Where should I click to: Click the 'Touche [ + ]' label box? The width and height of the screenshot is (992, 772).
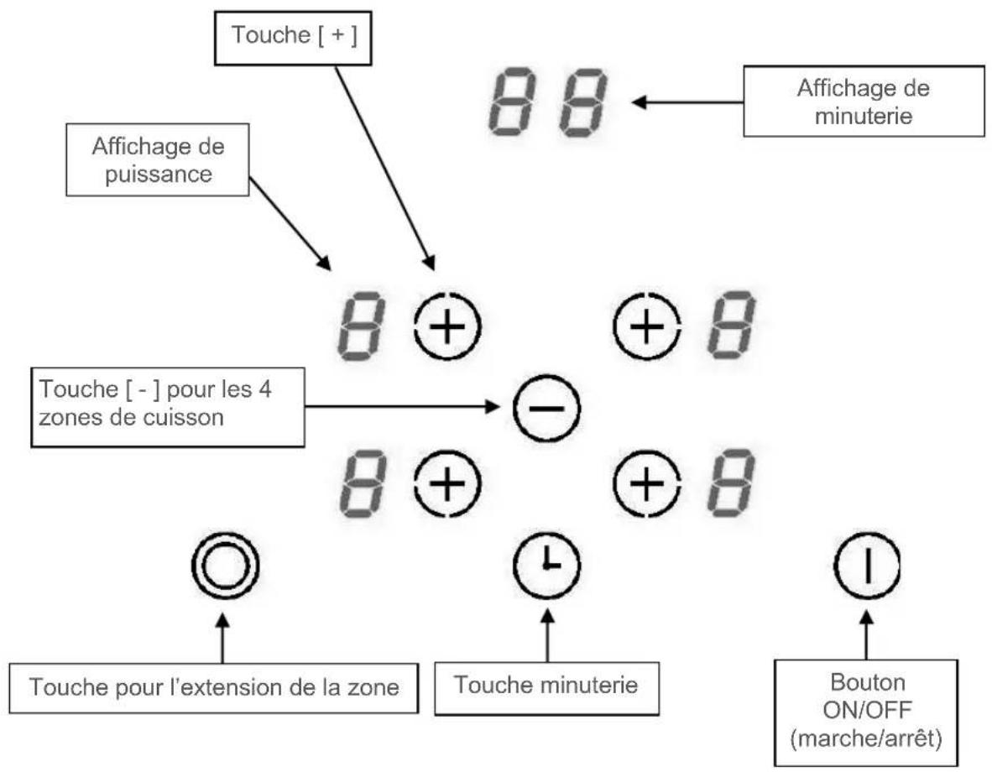coord(293,37)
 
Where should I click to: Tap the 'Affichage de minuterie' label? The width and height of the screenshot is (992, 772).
coord(864,102)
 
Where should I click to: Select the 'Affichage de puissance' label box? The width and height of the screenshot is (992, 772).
coord(158,159)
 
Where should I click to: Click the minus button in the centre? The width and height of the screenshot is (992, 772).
coord(546,408)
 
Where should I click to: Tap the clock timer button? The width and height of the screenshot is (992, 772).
coord(546,565)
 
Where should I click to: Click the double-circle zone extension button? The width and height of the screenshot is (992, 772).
coord(225,565)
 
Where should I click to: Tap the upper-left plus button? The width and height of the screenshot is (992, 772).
coord(448,326)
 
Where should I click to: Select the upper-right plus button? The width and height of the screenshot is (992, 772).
coord(647,326)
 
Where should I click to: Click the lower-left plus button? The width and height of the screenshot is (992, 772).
coord(448,484)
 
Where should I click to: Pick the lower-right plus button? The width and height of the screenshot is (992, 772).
coord(647,484)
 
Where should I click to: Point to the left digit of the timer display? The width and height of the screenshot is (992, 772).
coord(513,102)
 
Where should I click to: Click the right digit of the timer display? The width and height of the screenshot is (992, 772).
coord(583,102)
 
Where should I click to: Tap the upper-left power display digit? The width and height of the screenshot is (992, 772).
coord(361,326)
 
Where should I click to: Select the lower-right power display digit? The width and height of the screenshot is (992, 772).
coord(731,484)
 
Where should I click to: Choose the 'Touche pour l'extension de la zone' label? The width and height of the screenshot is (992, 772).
coord(214,688)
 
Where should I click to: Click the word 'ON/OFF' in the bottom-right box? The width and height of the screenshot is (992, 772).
coord(867,710)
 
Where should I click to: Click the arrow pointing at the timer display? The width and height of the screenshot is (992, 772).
coord(687,102)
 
